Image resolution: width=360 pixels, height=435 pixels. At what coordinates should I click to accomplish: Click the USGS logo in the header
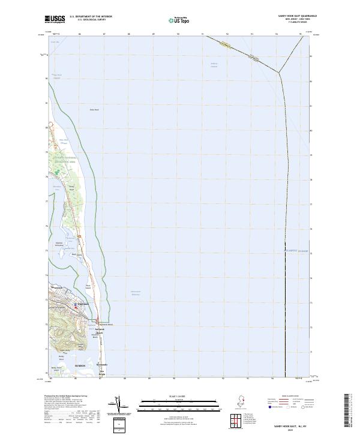pyautogui.click(x=55, y=19)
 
